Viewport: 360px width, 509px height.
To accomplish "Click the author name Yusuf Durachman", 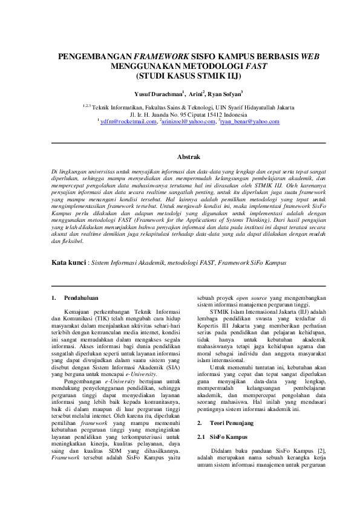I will click(x=159, y=94).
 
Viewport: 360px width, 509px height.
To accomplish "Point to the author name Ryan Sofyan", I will click(x=224, y=94).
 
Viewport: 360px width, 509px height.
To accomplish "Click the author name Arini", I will click(x=195, y=94).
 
